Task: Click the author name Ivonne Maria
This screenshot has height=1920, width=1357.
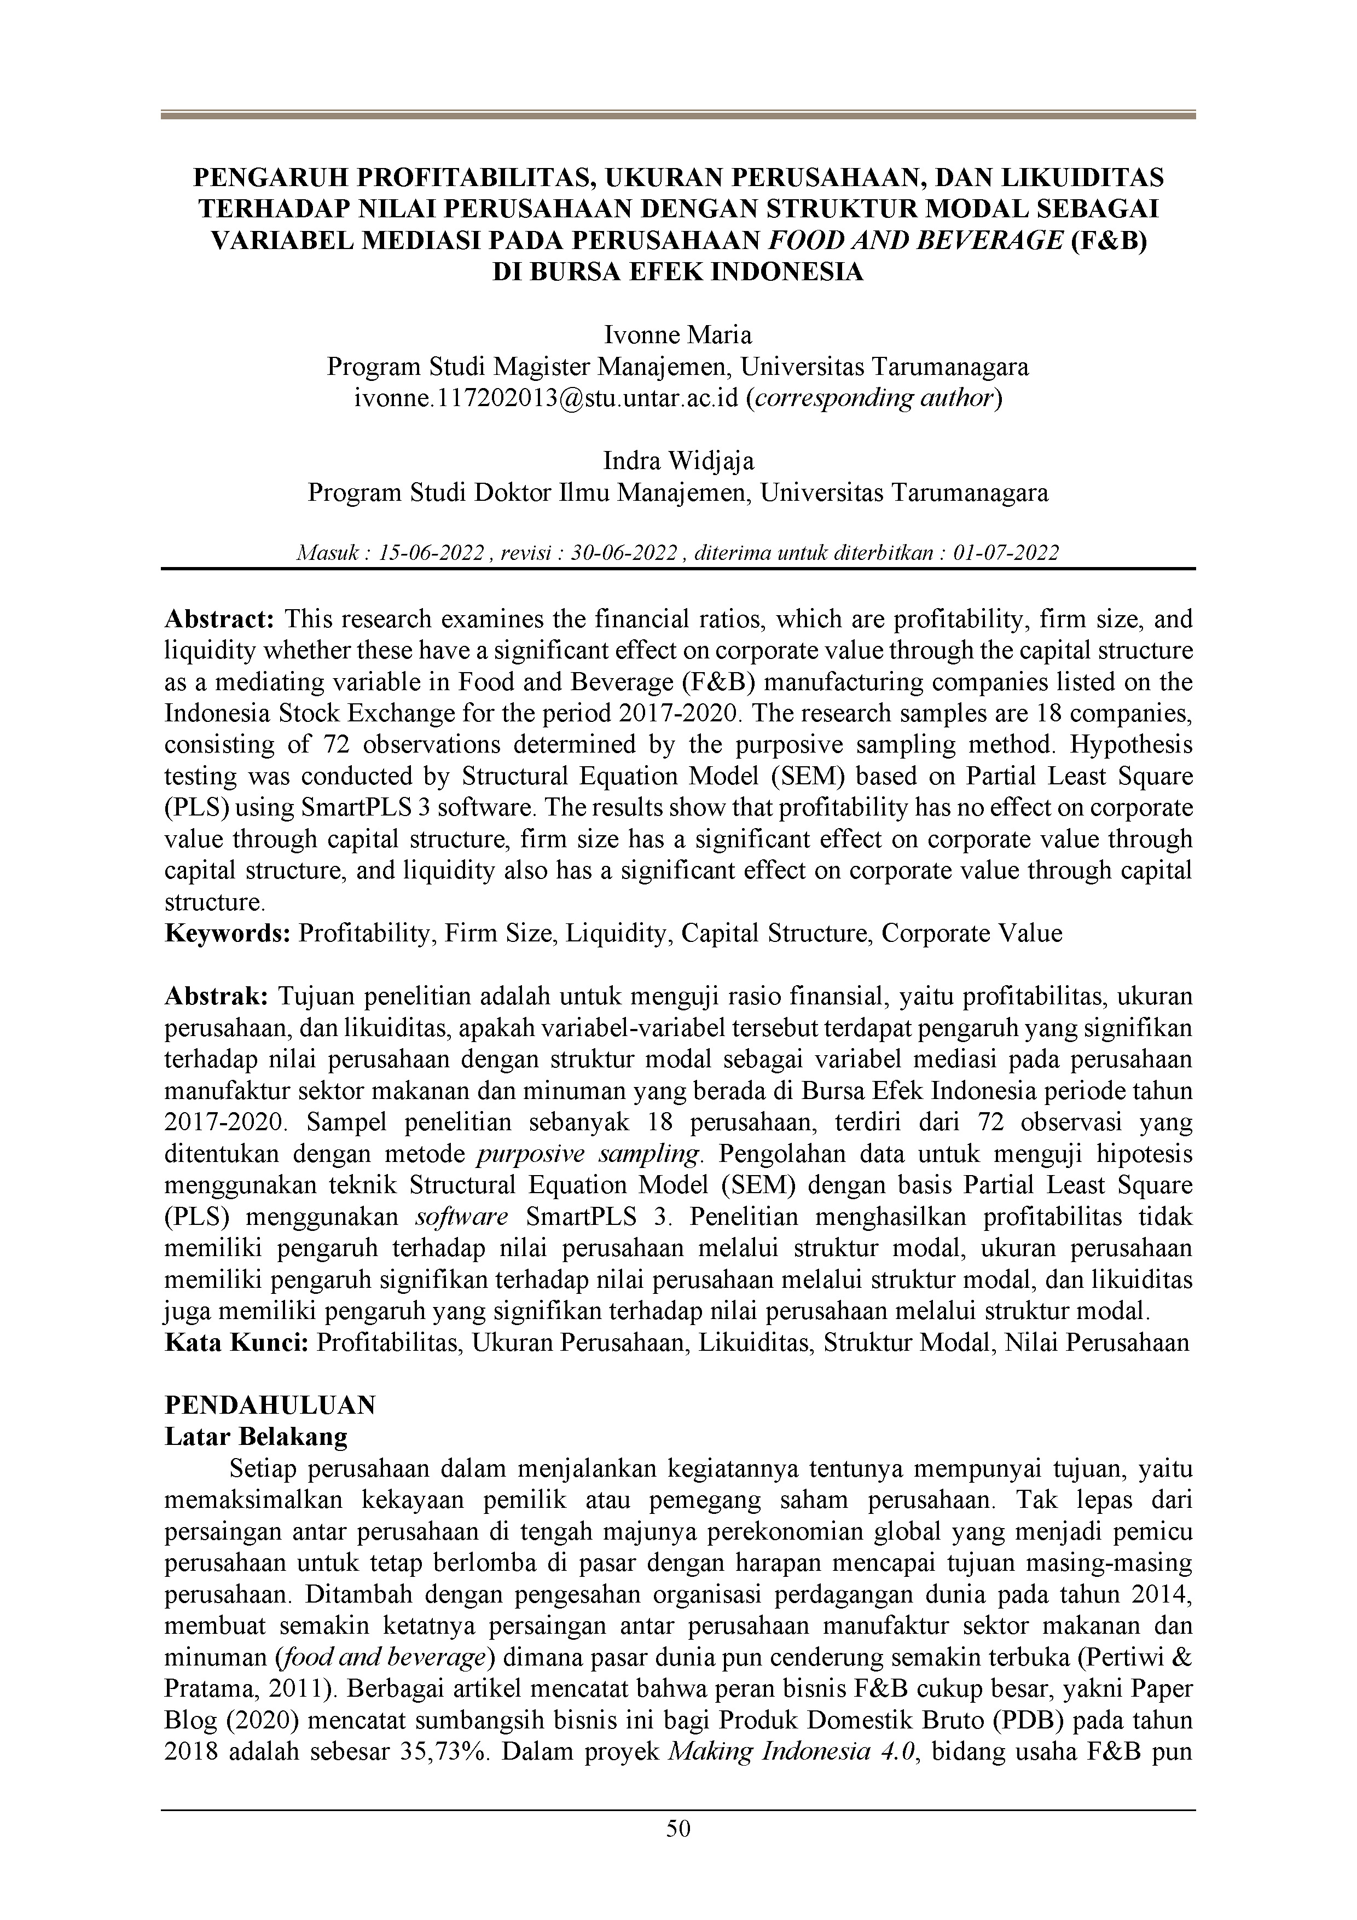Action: [678, 336]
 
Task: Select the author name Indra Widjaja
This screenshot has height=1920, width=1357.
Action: [678, 461]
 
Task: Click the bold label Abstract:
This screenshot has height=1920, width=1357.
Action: [220, 620]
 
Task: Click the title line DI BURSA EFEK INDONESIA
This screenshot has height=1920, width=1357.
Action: [678, 273]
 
